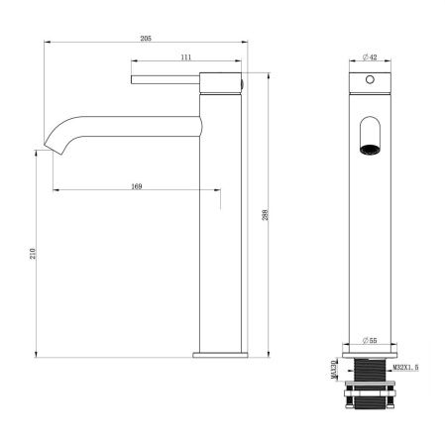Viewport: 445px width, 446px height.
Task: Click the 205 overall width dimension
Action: (146, 37)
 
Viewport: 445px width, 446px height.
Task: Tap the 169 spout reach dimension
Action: (134, 183)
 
